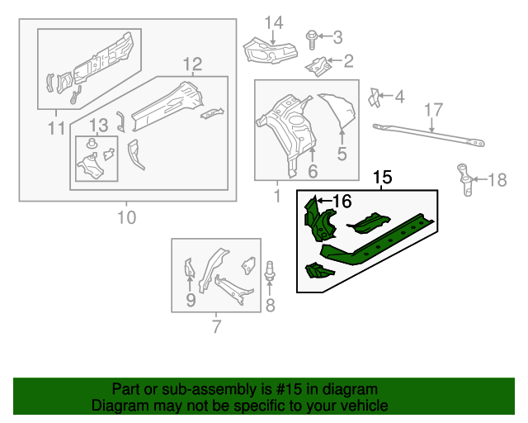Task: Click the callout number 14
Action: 273,21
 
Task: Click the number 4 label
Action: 399,97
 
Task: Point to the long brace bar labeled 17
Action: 428,135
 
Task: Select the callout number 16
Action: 342,201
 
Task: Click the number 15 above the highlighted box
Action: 383,178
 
